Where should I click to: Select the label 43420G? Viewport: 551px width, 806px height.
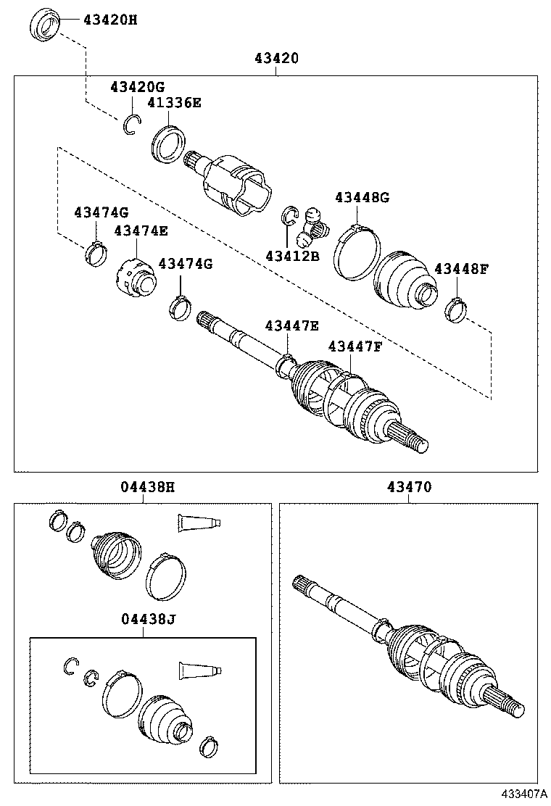pos(138,87)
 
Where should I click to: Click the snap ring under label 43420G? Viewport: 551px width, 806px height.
pos(130,125)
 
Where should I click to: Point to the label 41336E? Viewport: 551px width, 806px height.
pos(174,103)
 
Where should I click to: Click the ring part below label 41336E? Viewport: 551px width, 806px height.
pos(168,144)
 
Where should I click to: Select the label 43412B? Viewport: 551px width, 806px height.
pos(292,255)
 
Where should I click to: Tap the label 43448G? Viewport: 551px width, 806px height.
pos(362,197)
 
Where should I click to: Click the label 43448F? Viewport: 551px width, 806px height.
pos(461,269)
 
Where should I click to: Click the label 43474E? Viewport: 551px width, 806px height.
pos(141,230)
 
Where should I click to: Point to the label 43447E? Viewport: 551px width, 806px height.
pos(291,326)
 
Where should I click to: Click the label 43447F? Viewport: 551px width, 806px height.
pos(355,346)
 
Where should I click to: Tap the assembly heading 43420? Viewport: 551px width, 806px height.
pos(275,58)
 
